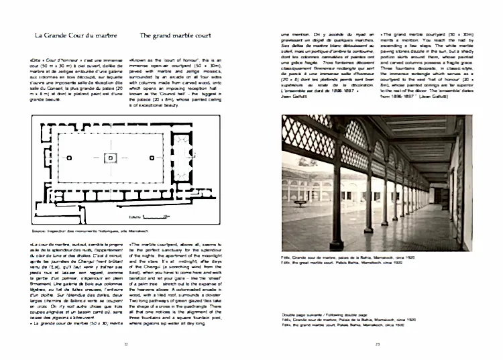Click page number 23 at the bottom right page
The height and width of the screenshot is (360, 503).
[x=378, y=345]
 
